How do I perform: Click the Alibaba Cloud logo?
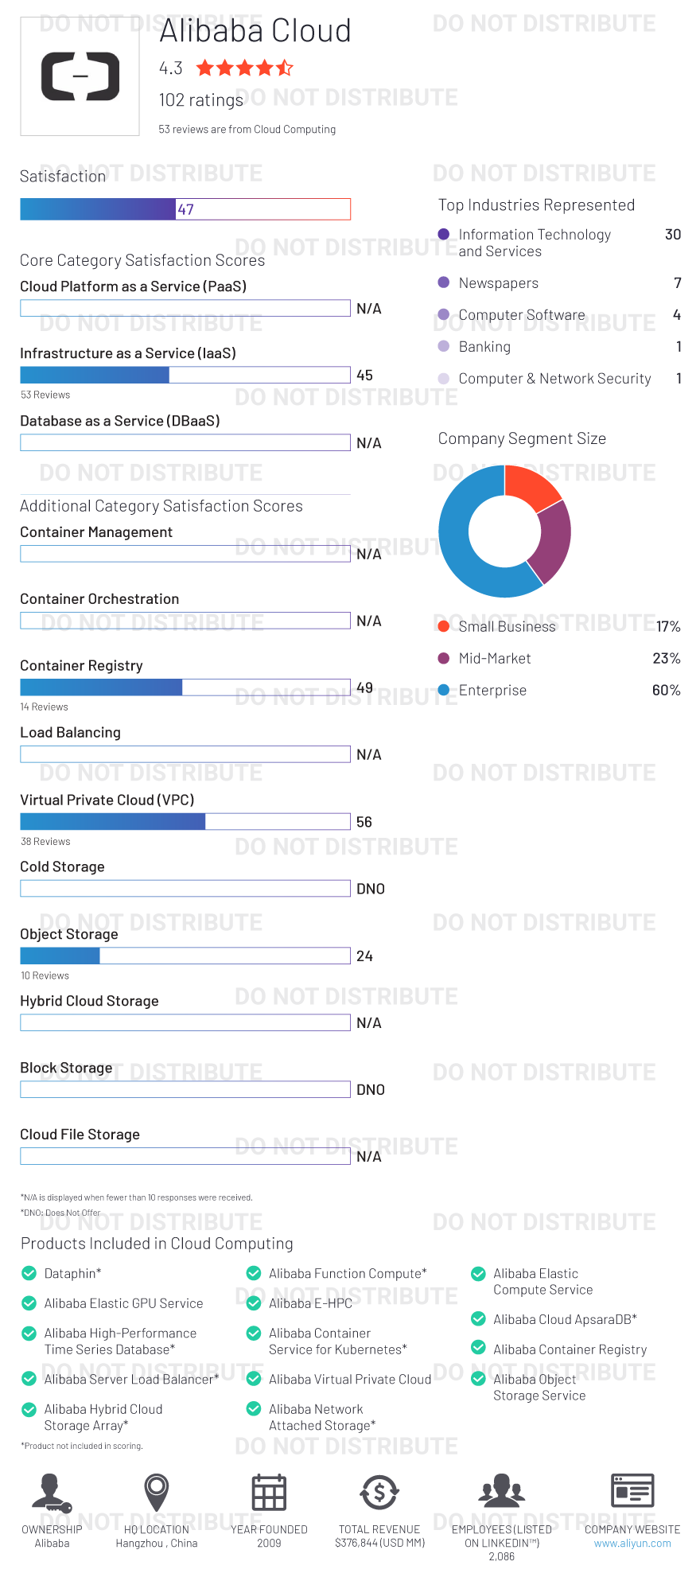80,76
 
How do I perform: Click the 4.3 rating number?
170,68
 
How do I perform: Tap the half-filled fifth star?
285,68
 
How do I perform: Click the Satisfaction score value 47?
185,209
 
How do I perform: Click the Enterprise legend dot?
444,690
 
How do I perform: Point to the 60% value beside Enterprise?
666,690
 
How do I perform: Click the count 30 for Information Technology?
672,235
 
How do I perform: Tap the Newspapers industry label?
498,283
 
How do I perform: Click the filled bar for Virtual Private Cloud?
112,822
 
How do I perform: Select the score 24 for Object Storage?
364,956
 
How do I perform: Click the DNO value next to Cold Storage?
370,889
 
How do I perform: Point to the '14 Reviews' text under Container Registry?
45,707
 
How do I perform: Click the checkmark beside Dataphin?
29,1273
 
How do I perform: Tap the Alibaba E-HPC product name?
310,1303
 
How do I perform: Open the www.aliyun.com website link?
632,1543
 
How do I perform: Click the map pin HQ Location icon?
157,1491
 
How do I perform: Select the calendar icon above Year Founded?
269,1492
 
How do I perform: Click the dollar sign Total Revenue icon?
379,1492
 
